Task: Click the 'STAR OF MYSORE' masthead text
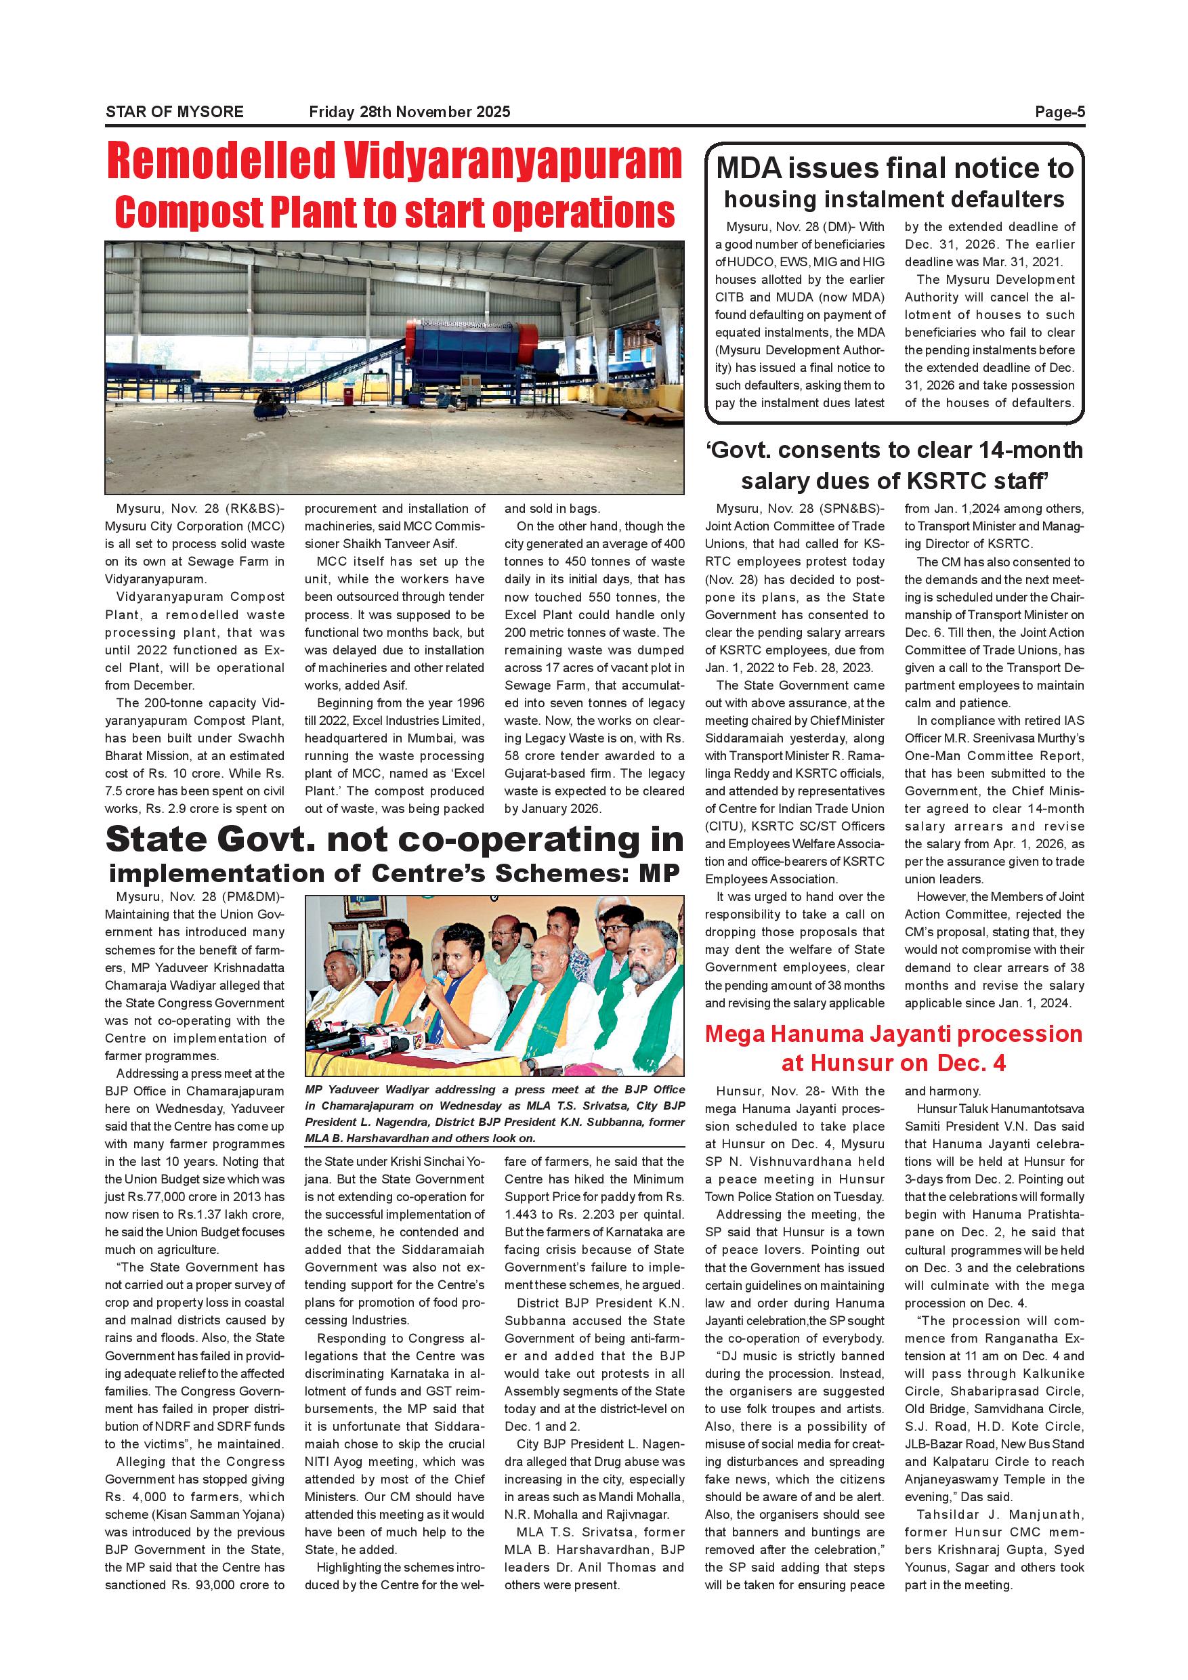pyautogui.click(x=174, y=112)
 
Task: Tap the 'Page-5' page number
pyautogui.click(x=1059, y=112)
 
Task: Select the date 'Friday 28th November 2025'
pyautogui.click(x=410, y=112)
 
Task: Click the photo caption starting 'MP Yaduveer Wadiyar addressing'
pyautogui.click(x=494, y=1114)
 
